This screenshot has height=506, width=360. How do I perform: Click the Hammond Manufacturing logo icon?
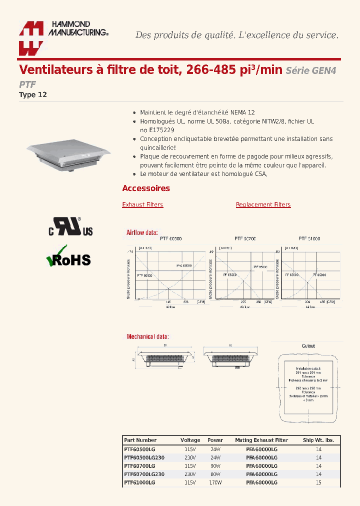point(31,38)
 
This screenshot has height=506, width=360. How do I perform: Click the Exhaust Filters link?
point(142,204)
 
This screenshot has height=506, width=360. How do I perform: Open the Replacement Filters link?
point(263,204)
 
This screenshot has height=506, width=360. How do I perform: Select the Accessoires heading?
point(146,188)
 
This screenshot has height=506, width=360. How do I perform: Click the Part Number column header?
point(140,440)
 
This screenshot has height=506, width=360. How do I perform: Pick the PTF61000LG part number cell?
point(139,482)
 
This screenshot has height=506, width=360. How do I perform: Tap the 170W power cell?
point(215,482)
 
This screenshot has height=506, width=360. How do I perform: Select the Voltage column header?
point(190,440)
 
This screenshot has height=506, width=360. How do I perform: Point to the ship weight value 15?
point(318,482)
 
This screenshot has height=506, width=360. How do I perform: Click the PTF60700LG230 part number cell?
point(144,474)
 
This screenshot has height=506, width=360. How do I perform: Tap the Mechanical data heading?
point(147,336)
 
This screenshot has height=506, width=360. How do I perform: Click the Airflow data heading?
point(142,232)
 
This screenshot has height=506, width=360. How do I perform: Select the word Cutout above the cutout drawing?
point(308,346)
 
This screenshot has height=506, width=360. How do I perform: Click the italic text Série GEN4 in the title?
point(310,70)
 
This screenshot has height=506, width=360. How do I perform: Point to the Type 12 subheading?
point(33,94)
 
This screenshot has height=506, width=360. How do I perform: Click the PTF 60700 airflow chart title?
point(245,239)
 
